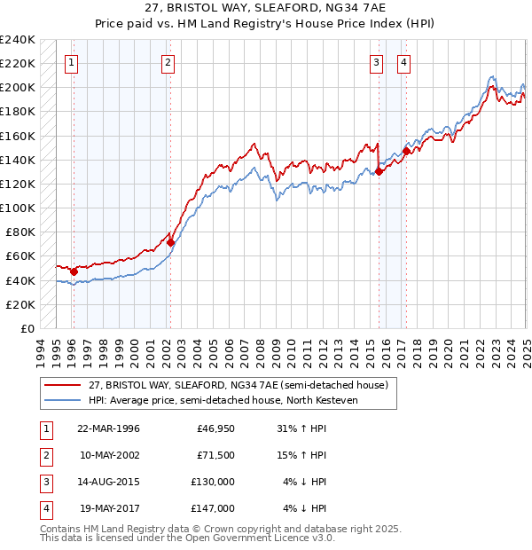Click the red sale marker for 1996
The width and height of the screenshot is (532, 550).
(x=74, y=271)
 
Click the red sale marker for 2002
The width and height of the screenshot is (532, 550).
(x=170, y=241)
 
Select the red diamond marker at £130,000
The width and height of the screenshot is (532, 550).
(x=379, y=172)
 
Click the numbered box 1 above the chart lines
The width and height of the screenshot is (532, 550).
(x=71, y=62)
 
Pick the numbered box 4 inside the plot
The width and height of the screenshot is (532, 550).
(x=403, y=62)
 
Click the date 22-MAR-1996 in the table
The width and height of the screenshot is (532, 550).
(x=109, y=428)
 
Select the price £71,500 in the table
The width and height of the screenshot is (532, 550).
(x=215, y=455)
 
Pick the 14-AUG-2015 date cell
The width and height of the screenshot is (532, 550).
(x=109, y=482)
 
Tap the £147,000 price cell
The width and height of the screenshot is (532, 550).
(x=215, y=508)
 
